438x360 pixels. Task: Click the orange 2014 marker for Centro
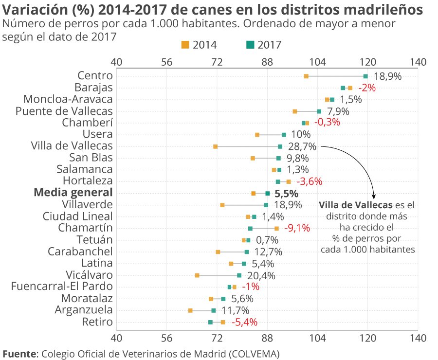306,76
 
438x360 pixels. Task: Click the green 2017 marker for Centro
365,76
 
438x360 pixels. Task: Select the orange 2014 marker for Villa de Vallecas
215,146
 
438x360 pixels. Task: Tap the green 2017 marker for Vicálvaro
239,275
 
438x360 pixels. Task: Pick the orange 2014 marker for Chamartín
276,228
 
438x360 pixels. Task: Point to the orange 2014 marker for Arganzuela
190,310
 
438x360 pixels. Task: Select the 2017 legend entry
264,45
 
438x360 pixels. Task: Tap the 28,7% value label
303,146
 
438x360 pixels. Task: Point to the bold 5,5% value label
286,193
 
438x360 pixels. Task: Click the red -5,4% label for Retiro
244,322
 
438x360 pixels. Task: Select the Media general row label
73,193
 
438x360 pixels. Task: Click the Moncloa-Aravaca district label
68,99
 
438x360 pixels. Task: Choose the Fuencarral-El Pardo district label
62,287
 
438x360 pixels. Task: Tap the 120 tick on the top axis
367,62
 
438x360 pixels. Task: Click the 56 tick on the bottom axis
166,338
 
